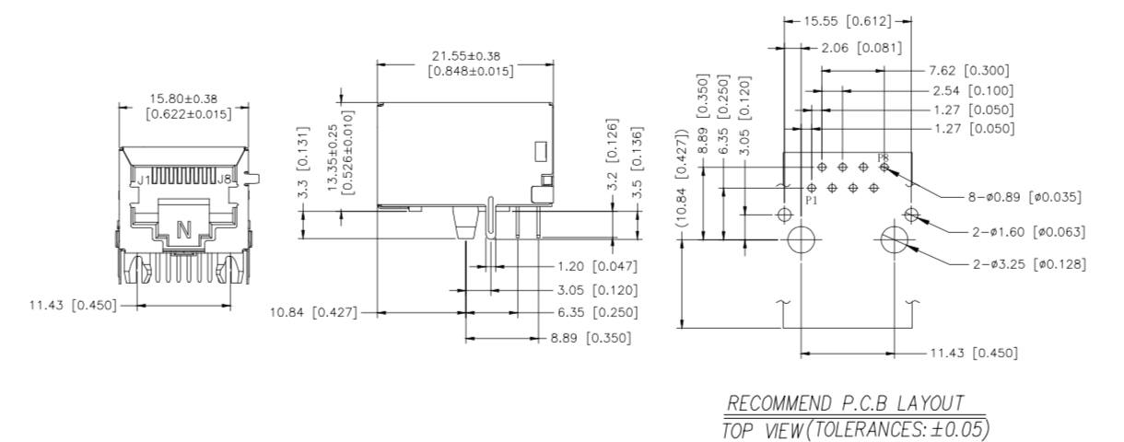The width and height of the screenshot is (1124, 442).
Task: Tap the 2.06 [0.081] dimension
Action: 861,47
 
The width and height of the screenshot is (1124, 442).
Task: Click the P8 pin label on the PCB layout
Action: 883,157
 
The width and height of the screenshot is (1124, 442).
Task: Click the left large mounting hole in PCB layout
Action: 801,240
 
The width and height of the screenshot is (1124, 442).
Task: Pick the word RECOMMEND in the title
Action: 775,404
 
